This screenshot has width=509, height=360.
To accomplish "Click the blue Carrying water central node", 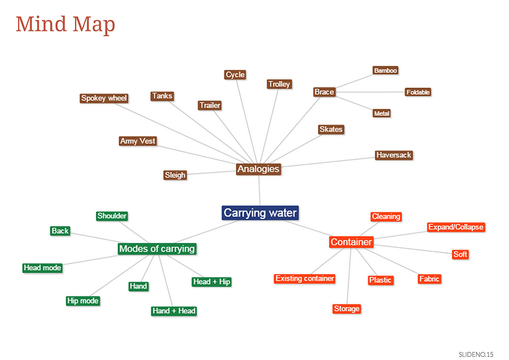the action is pyautogui.click(x=260, y=213).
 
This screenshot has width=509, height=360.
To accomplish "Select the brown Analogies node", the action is pyautogui.click(x=259, y=169).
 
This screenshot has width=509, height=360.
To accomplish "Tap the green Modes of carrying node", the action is pyautogui.click(x=157, y=249).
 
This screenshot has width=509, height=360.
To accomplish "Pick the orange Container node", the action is pyautogui.click(x=351, y=242).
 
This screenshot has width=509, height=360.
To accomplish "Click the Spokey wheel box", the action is pyautogui.click(x=104, y=98).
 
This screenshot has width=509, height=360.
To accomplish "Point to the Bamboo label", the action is pyautogui.click(x=385, y=70).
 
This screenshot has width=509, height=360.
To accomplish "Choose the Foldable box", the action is pyautogui.click(x=418, y=92).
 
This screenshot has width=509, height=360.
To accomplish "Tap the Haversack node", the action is pyautogui.click(x=394, y=155).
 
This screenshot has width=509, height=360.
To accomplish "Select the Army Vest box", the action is pyautogui.click(x=138, y=141).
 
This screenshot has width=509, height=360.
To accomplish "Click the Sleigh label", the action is pyautogui.click(x=175, y=175).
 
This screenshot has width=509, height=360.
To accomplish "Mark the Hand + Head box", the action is pyautogui.click(x=174, y=311).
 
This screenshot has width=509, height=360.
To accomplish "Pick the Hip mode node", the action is pyautogui.click(x=83, y=301).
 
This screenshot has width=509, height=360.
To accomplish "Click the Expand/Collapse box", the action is pyautogui.click(x=456, y=227).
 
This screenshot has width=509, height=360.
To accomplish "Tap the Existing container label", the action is pyautogui.click(x=304, y=279).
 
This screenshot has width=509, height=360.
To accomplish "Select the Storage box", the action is pyautogui.click(x=347, y=309).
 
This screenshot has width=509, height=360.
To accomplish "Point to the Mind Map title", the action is pyautogui.click(x=66, y=24).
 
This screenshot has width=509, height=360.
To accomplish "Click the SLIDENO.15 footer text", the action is pyautogui.click(x=476, y=354).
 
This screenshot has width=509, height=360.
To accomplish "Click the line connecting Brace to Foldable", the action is pyautogui.click(x=371, y=92).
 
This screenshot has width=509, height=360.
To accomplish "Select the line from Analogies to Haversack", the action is pyautogui.click(x=328, y=162).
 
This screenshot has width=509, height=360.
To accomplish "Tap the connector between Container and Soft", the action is pyautogui.click(x=413, y=249).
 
